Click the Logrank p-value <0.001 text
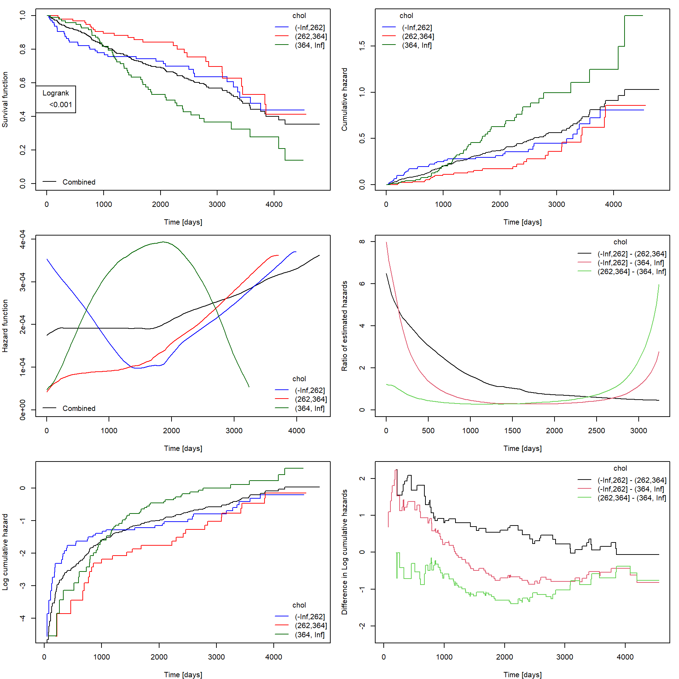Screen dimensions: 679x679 60,105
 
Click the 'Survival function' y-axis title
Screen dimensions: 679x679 5,99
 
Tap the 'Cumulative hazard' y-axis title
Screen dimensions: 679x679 344,99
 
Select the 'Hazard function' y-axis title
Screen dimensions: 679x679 5,326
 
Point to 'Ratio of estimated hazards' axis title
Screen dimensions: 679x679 344,326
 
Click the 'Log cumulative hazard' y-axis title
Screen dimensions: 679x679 5,552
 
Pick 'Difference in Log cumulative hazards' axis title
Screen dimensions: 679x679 344,552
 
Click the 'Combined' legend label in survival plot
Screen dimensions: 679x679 79,182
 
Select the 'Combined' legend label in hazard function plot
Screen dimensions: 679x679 79,408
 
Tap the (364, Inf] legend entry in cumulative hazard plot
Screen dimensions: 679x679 417,45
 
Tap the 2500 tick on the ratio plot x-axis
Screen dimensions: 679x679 597,430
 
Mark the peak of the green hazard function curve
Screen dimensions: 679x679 163,242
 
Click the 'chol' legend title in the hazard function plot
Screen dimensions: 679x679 299,379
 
